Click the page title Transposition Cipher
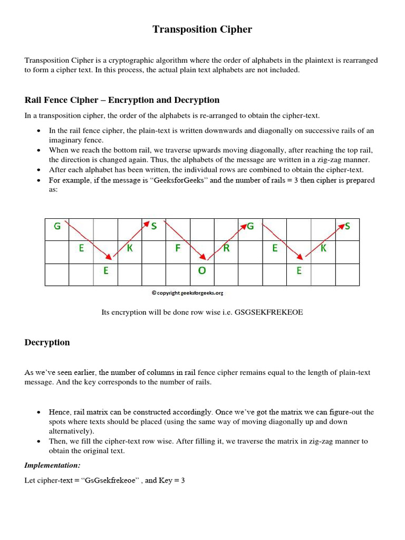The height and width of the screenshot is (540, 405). pyautogui.click(x=202, y=30)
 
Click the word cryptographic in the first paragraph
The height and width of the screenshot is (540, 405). pyautogui.click(x=133, y=61)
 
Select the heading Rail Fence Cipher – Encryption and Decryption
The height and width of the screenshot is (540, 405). pyautogui.click(x=122, y=100)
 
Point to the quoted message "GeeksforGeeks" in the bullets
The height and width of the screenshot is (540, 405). pyautogui.click(x=184, y=180)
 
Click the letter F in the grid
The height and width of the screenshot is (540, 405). pyautogui.click(x=178, y=248)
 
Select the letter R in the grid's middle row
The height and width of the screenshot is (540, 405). pyautogui.click(x=226, y=248)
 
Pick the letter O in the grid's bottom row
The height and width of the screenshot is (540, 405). pyautogui.click(x=202, y=271)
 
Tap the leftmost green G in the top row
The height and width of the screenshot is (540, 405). pyautogui.click(x=57, y=226)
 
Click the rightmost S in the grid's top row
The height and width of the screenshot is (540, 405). pyautogui.click(x=348, y=226)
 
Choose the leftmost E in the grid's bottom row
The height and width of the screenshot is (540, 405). pyautogui.click(x=105, y=271)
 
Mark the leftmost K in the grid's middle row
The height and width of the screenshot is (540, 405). pyautogui.click(x=130, y=248)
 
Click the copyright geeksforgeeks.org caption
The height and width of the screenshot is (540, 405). pyautogui.click(x=191, y=293)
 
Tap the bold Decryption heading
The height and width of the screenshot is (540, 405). pyautogui.click(x=47, y=343)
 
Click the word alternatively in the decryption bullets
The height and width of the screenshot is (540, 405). pyautogui.click(x=72, y=431)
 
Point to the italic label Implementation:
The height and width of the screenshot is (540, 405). pyautogui.click(x=52, y=466)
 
